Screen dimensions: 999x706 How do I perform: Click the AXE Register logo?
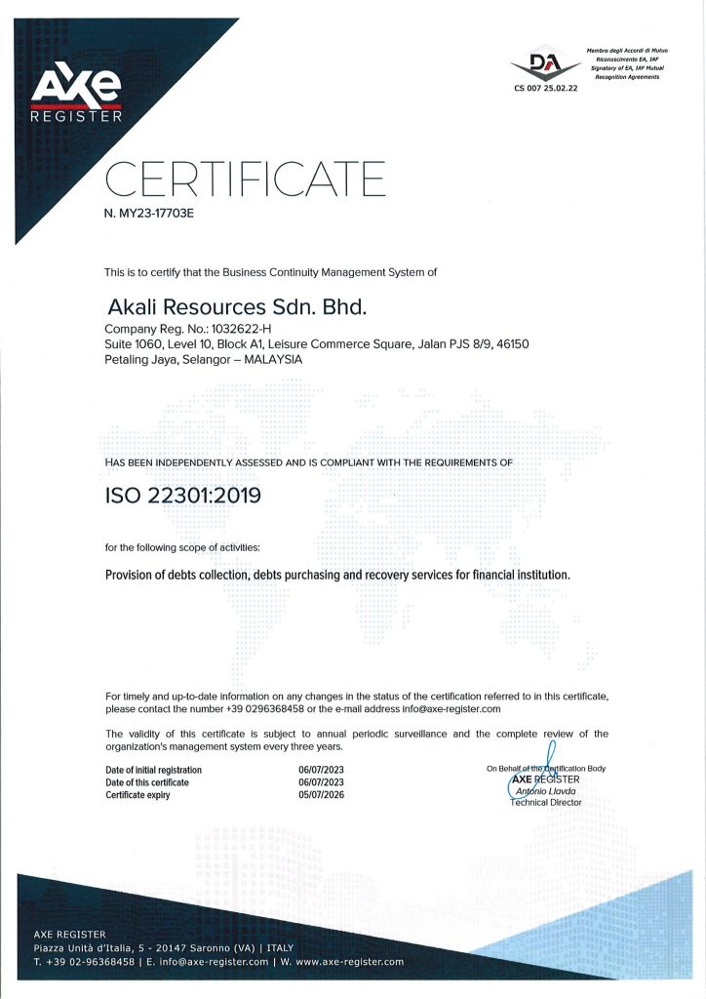(x=76, y=93)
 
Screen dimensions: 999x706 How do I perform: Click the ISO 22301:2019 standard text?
(x=183, y=496)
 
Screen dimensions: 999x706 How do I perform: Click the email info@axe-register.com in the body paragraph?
(x=446, y=709)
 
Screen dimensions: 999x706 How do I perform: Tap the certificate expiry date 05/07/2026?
(x=321, y=795)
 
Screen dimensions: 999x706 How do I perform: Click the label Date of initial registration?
(x=153, y=770)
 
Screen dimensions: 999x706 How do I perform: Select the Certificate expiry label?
(x=137, y=795)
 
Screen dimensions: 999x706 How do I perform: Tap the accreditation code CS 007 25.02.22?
(x=546, y=88)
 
